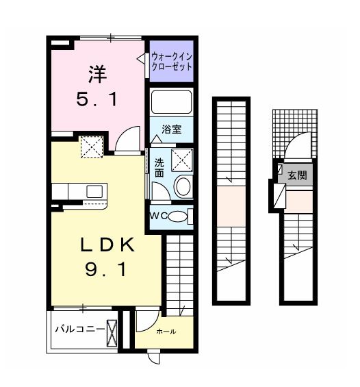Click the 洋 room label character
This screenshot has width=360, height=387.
tap(97, 73)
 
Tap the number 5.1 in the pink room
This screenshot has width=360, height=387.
tap(97, 99)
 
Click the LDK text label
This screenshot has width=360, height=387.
tap(107, 245)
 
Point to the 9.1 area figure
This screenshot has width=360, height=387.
tap(105, 269)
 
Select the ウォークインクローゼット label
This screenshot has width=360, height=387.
tap(172, 62)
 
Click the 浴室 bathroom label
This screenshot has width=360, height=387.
tap(172, 129)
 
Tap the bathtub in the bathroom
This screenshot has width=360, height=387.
tap(171, 102)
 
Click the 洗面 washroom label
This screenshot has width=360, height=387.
tap(159, 168)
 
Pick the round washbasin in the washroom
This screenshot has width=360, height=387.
tap(183, 187)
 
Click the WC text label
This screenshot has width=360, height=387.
tap(159, 216)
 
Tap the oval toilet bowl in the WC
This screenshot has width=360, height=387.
tap(178, 216)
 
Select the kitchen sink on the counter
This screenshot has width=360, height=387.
tap(94, 192)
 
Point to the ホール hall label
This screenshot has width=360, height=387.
tap(166, 332)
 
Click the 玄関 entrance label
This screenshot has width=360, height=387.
tap(297, 175)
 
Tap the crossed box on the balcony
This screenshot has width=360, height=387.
tap(112, 333)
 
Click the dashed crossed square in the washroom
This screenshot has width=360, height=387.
tap(182, 160)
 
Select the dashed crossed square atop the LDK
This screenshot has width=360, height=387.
tap(92, 147)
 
